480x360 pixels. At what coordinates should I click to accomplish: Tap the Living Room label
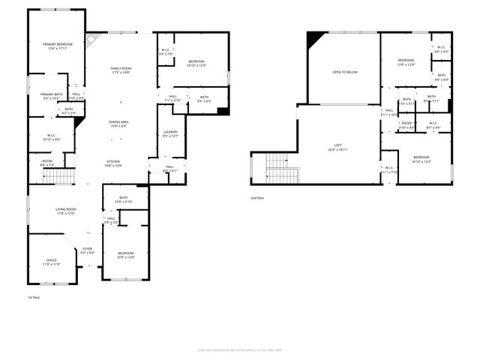point(66,211)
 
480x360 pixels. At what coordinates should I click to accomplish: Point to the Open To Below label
point(345,72)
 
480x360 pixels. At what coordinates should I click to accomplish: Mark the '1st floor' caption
point(34,298)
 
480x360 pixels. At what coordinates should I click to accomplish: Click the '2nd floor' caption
point(258,198)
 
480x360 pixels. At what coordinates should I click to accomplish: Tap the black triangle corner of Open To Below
point(316,39)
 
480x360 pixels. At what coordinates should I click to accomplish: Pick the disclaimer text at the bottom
point(240,350)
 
